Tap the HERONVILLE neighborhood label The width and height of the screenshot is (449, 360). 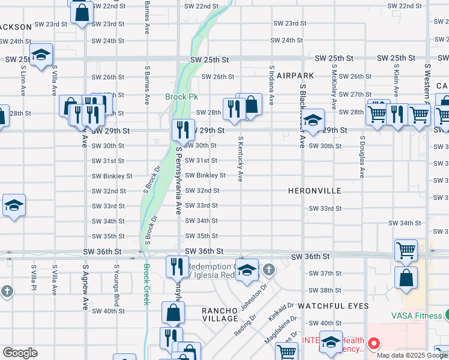pyautogui.click(x=315, y=191)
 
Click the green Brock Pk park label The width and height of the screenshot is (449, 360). pyautogui.click(x=182, y=97)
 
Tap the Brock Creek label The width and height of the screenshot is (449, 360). pyautogui.click(x=145, y=284)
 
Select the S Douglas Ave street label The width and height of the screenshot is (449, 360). pyautogui.click(x=363, y=157)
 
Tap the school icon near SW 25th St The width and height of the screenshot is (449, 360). pyautogui.click(x=40, y=56)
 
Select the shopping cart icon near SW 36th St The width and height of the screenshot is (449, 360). pyautogui.click(x=406, y=250)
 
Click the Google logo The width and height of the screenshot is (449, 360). pyautogui.click(x=20, y=353)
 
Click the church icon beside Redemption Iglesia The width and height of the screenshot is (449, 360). pyautogui.click(x=268, y=269)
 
